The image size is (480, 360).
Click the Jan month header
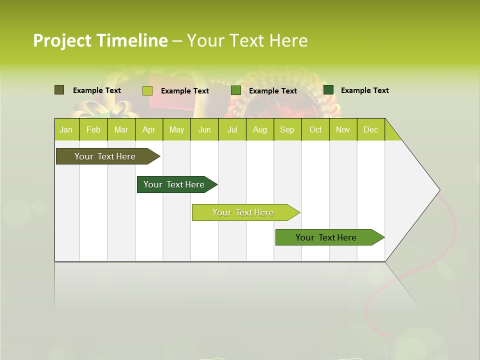click(66, 129)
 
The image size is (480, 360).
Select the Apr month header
click(148, 129)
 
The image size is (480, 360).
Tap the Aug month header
click(259, 129)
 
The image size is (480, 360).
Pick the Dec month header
click(370, 129)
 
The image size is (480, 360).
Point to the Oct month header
click(315, 129)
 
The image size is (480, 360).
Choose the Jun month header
click(204, 129)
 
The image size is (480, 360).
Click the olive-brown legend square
click(59, 90)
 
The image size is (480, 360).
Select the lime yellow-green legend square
click(147, 90)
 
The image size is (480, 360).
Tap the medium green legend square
click(236, 90)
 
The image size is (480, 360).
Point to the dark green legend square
click(328, 90)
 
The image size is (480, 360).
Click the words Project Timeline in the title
click(100, 40)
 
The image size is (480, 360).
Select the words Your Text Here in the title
click(247, 40)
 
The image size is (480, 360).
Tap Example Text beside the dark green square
click(364, 90)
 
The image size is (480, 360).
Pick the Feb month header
click(93, 129)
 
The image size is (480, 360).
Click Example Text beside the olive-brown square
click(97, 90)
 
